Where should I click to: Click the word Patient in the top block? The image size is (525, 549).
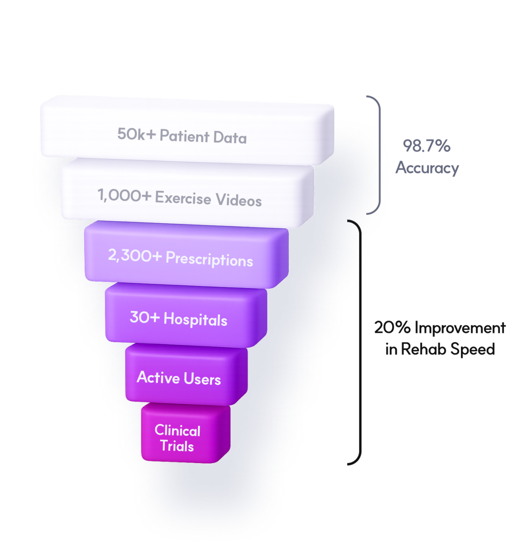184,136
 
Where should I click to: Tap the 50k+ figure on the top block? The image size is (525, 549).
136,134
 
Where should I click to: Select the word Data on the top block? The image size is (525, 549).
230,137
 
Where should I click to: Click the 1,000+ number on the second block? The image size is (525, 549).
124,195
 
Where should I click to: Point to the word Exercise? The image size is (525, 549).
183,198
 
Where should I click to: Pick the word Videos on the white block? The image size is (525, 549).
239,200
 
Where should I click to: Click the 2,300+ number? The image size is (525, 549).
135,255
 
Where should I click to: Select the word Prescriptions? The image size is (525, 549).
209,259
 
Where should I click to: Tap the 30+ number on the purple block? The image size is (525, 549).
144,317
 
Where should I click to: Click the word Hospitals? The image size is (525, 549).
195,320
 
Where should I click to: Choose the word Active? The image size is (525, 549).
158,377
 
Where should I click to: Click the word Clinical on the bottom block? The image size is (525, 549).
177,430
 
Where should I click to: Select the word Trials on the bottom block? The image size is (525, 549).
177,446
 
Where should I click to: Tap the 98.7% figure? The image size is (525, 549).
427,146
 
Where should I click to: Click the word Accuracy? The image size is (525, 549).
427,168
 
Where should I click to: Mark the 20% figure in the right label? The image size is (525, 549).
392,327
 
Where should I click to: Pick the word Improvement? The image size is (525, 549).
460,328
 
